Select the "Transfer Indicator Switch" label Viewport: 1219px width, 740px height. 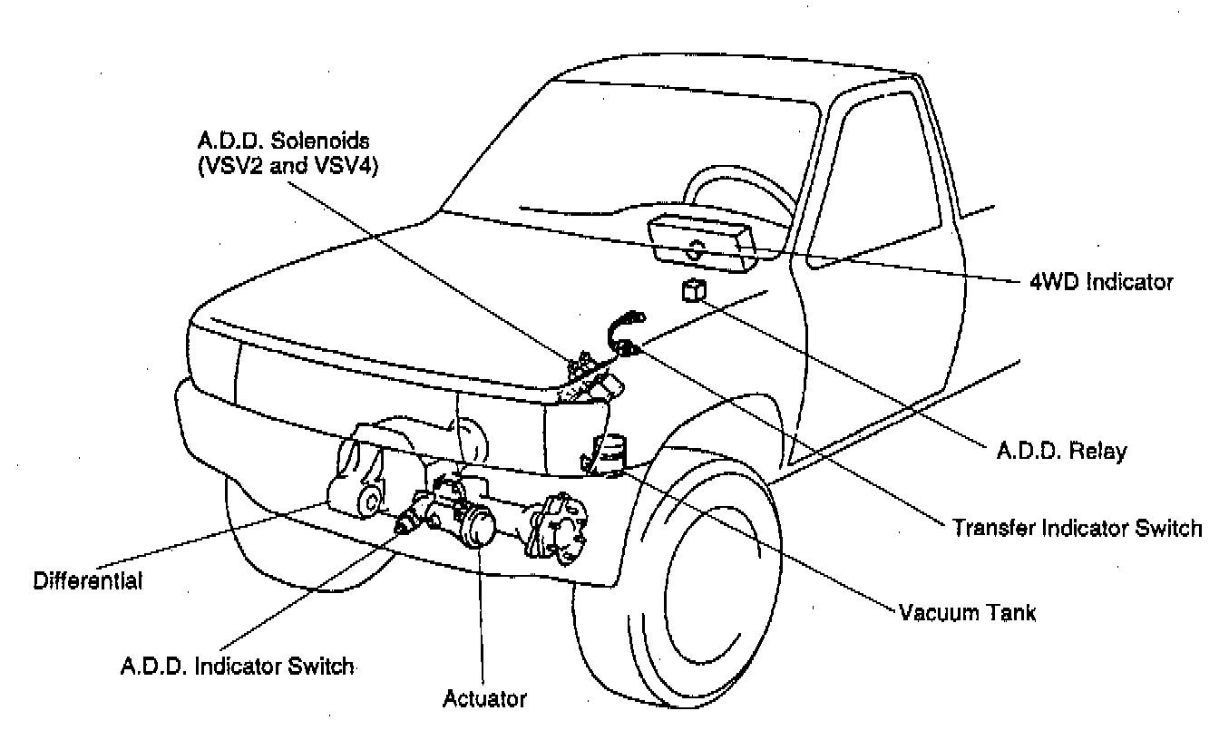(1077, 528)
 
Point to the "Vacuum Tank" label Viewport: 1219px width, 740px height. (967, 612)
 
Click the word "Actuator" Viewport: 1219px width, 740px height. (484, 699)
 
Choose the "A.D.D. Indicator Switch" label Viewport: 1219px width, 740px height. (236, 667)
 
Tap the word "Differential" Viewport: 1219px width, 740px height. (88, 580)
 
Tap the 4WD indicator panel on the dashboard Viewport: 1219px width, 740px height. (702, 242)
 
